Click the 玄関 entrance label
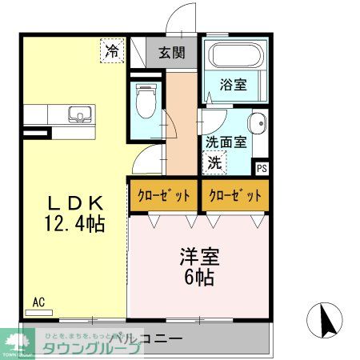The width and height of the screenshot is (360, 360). (171, 54)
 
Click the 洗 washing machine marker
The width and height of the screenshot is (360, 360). (215, 161)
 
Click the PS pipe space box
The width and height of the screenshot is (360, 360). (262, 168)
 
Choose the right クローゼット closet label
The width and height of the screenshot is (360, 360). (233, 195)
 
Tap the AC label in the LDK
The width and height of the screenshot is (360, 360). (38, 302)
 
